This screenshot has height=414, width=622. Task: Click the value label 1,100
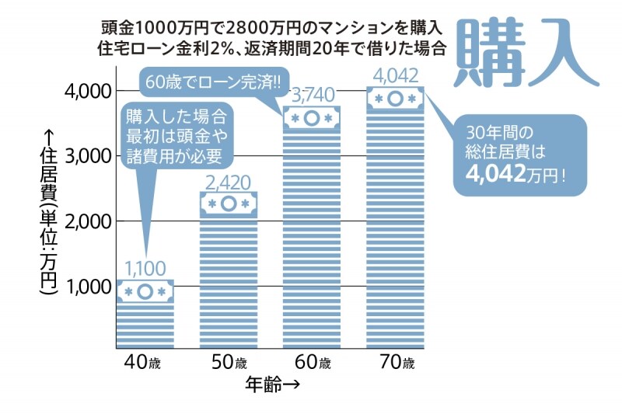(x=145, y=269)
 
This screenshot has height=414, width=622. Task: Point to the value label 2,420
(x=229, y=183)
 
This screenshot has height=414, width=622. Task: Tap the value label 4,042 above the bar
(x=395, y=76)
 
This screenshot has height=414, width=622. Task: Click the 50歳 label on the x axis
(x=229, y=363)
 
